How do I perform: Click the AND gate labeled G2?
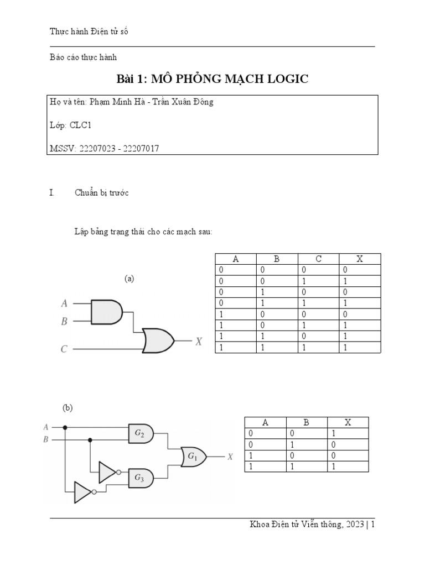coord(139,434)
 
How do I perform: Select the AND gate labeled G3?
coord(139,479)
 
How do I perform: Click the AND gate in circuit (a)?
coord(106,312)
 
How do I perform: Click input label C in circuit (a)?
coord(64,349)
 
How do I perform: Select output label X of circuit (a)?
coord(199,342)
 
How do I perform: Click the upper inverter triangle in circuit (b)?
coord(107,472)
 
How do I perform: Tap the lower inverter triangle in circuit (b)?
coord(83,491)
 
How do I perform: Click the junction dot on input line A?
coord(65,427)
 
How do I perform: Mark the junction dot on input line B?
coord(90,440)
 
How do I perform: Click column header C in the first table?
coord(318,259)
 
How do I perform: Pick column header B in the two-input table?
coord(307,423)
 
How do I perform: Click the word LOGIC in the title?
coord(281,80)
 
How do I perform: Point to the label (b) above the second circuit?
coord(68,408)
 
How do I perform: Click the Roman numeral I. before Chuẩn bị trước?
coord(51,193)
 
